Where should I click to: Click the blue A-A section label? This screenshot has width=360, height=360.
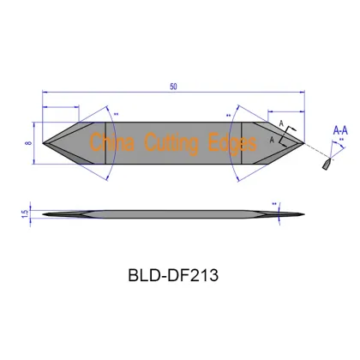(340, 129)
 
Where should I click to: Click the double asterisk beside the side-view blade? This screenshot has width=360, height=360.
(275, 204)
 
